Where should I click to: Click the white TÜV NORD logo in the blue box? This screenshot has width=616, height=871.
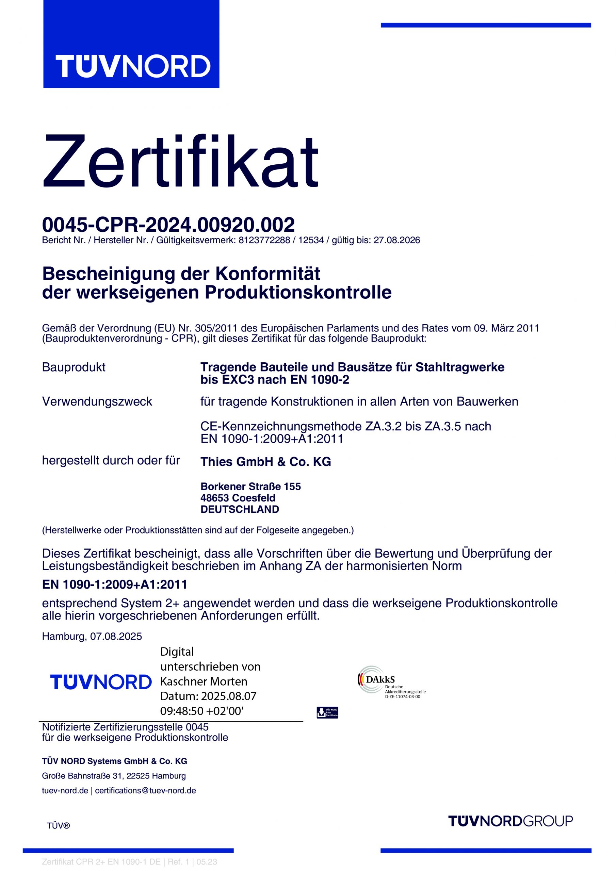point(133,66)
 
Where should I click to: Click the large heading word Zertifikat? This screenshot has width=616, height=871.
point(180,161)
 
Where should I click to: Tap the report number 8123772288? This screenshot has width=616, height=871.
point(264,240)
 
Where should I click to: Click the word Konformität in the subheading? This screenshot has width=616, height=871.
point(268,274)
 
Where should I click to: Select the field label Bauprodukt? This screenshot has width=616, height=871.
point(74,367)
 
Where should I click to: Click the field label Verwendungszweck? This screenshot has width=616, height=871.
point(97,401)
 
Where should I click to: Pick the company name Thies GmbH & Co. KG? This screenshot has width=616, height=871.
point(266,462)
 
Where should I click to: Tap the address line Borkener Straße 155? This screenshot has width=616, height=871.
point(250,486)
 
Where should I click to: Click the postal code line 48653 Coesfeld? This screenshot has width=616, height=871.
point(238,498)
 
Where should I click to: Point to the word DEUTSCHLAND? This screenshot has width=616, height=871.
point(240,509)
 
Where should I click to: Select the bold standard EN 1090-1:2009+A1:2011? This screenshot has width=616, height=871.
point(115,584)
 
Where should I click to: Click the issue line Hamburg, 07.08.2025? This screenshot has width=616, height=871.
point(92,636)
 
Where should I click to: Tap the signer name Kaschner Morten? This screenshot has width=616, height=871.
point(204,681)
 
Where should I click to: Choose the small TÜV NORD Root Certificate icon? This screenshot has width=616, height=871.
point(327,712)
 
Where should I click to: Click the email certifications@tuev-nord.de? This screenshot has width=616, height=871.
point(145,791)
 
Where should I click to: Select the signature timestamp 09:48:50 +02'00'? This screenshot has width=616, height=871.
point(201,711)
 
